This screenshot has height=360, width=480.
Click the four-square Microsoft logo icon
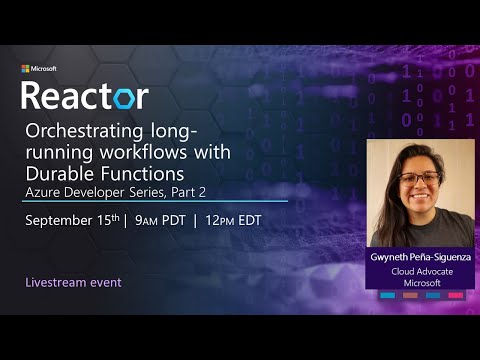point(25,69)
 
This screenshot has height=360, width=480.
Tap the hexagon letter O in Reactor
point(131,96)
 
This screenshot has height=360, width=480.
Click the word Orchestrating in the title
point(81,131)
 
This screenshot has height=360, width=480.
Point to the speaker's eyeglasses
point(419,180)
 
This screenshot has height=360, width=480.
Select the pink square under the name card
point(455,295)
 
